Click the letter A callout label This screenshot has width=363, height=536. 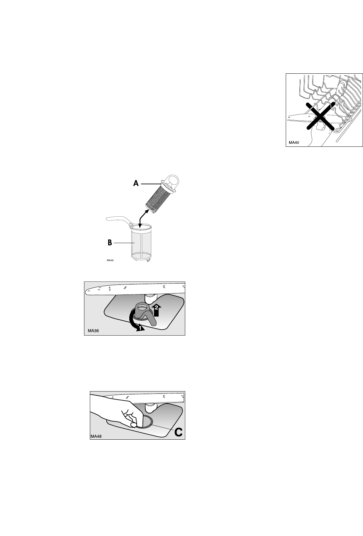click(136, 184)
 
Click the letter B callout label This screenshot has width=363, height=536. click(110, 243)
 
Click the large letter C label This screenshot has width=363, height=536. click(178, 433)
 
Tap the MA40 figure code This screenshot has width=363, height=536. click(294, 143)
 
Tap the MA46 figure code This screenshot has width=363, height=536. click(110, 260)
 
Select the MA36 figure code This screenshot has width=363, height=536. click(93, 331)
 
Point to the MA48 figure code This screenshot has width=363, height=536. click(96, 436)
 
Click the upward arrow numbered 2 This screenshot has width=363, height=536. click(156, 310)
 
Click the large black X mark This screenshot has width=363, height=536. click(320, 116)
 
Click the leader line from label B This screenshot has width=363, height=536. click(124, 243)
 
